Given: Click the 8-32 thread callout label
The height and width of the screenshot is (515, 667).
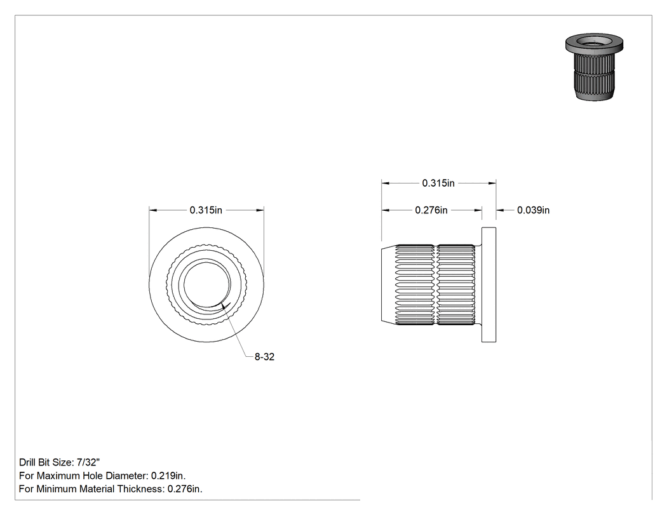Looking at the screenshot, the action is coord(264,357).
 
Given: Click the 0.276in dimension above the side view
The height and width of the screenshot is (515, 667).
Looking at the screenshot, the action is coord(431,210).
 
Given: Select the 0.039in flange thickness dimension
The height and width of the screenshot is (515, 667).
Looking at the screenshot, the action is coord(534,210).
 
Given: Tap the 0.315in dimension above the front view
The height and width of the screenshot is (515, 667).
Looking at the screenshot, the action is coord(206,210).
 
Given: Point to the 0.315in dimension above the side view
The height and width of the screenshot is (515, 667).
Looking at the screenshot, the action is coord(438,184).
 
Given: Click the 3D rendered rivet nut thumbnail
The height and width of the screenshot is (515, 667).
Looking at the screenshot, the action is coord(594,67).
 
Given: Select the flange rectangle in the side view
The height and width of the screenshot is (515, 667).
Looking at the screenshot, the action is coord(488,285).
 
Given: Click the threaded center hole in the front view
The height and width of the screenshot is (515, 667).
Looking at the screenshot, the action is coord(206,284).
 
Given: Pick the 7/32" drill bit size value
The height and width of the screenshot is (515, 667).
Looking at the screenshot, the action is coord(88,462).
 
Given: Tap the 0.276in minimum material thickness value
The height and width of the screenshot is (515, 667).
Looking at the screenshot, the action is coord(185,489).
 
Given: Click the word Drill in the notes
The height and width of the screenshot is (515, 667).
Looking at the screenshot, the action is coord(27,462).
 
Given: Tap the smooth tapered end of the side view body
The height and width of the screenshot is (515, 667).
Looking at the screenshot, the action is coord(388,285).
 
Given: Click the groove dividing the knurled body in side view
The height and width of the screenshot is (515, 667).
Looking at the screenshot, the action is coord(436,285).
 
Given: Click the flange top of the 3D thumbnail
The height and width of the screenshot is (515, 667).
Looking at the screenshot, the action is coord(594,42).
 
